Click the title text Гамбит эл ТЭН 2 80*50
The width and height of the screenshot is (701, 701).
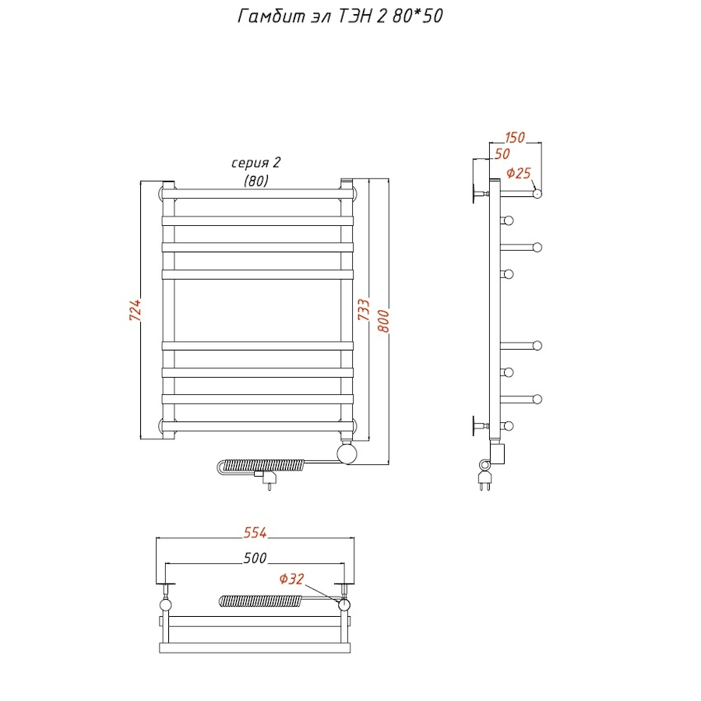click(x=340, y=16)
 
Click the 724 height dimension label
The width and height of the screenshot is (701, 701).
click(x=135, y=310)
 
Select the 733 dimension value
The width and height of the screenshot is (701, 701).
click(x=364, y=309)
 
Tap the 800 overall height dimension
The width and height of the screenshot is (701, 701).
click(x=383, y=321)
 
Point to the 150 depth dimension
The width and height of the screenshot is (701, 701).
click(x=515, y=137)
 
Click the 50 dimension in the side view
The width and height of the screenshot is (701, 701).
click(x=502, y=153)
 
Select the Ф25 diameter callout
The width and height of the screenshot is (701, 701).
click(x=519, y=173)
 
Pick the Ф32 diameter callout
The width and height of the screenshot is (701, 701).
click(x=291, y=579)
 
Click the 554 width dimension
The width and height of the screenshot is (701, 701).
click(x=255, y=533)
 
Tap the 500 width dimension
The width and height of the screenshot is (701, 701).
click(x=255, y=558)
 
